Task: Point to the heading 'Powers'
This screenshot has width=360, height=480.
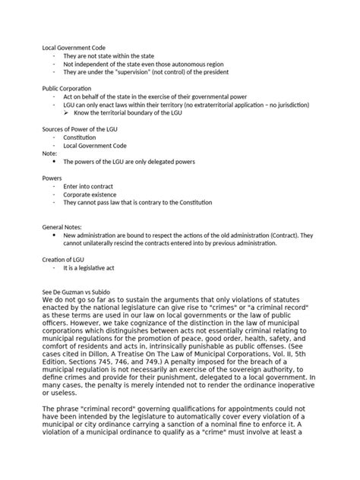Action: [x=52, y=178]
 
